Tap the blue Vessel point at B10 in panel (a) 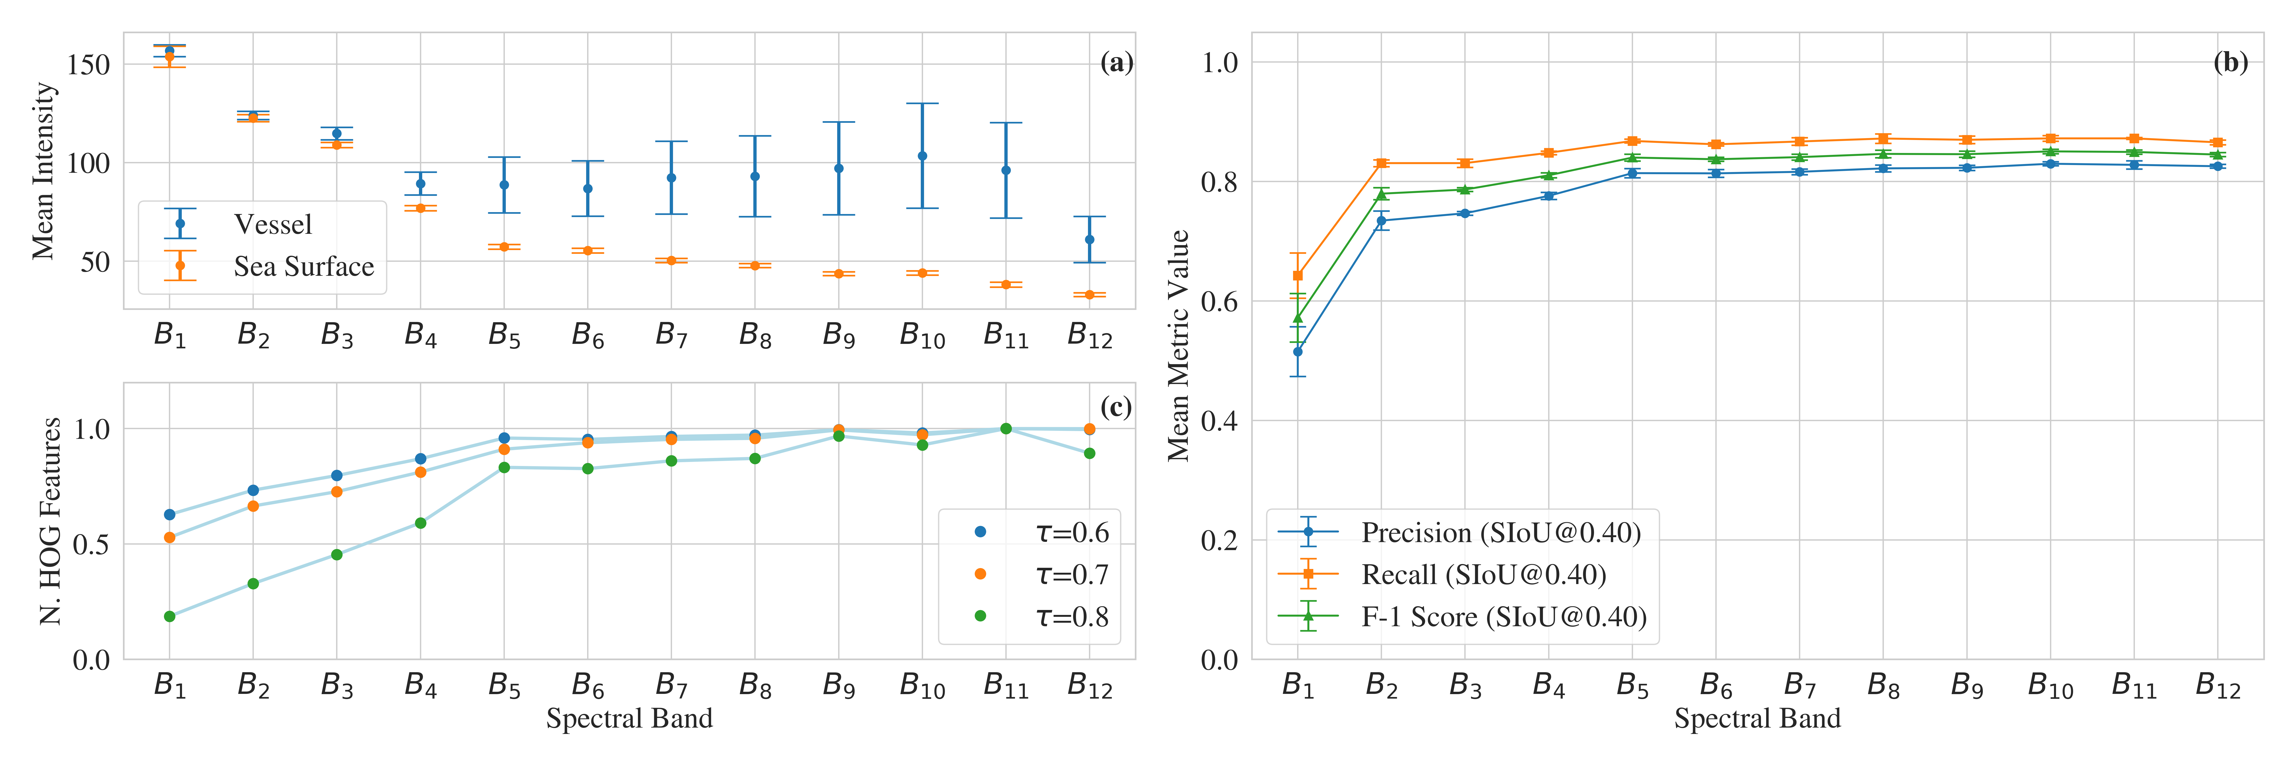(x=922, y=156)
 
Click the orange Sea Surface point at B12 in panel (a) (x=1089, y=294)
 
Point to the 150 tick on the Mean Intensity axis (x=89, y=64)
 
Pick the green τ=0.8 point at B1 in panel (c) (x=169, y=616)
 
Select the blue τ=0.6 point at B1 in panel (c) (x=169, y=515)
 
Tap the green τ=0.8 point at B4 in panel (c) (x=421, y=523)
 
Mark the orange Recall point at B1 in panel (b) (x=1298, y=276)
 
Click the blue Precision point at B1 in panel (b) (x=1298, y=351)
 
